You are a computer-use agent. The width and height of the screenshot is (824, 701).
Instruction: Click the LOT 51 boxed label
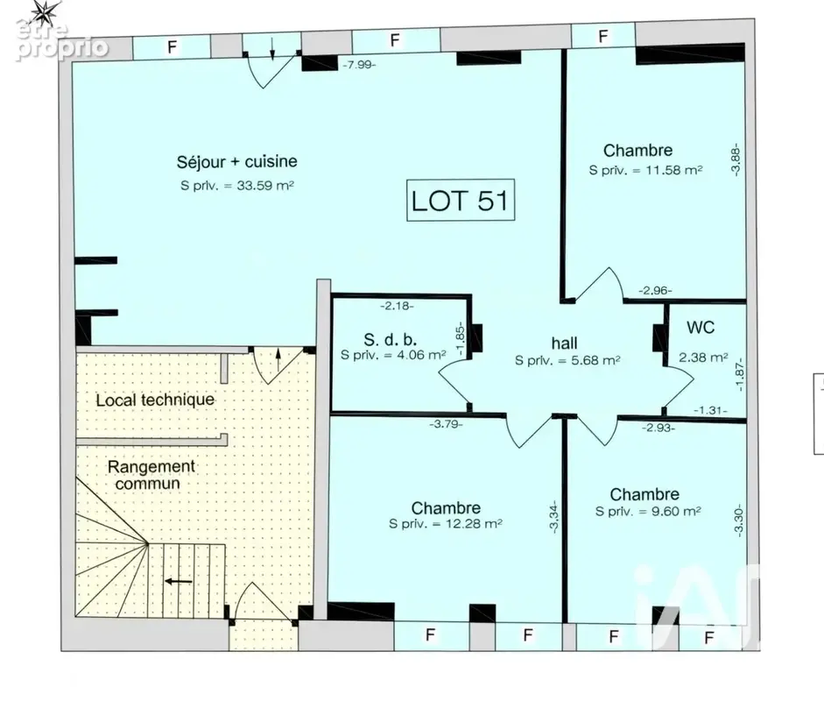pos(461,200)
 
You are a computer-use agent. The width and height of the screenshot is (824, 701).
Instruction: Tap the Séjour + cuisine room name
pos(237,161)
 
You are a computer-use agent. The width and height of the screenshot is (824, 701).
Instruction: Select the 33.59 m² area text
pos(264,185)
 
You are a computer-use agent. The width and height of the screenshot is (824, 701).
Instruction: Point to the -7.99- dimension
pos(359,65)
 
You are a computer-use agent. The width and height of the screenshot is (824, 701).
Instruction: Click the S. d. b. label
pos(390,339)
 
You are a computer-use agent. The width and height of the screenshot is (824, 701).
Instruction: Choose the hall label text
pos(565,343)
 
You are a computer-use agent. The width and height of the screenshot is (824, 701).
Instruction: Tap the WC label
pos(701,327)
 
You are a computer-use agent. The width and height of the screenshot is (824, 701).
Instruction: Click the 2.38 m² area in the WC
pos(703,358)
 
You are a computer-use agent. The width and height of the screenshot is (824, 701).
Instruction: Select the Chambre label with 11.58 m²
pos(638,151)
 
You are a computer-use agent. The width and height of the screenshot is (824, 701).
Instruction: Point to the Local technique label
pos(155,400)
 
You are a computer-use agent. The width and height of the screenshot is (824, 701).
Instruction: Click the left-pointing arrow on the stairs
pos(179,581)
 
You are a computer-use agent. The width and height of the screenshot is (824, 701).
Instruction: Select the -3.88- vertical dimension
pos(736,159)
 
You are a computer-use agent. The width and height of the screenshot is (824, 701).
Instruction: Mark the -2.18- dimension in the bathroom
pos(398,306)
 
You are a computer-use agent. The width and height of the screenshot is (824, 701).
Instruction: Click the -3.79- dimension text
pos(447,424)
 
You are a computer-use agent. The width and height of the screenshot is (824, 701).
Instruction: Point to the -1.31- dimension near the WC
pos(710,410)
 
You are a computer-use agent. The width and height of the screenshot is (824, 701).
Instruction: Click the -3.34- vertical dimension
pos(553,516)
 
